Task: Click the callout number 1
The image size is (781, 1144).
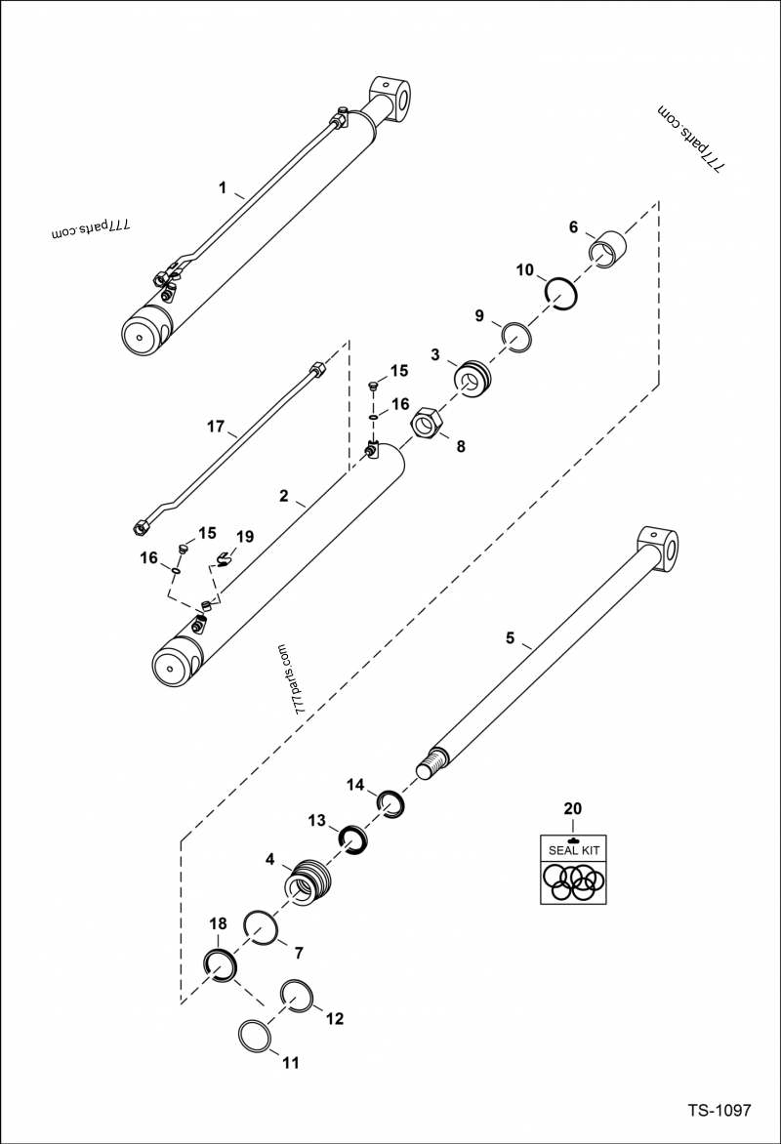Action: (223, 185)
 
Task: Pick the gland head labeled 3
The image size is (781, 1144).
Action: (473, 379)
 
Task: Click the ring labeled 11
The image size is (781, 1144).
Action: (256, 1037)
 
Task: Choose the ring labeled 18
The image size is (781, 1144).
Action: (221, 965)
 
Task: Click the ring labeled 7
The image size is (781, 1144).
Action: (262, 927)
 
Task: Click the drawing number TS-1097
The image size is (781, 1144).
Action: (718, 1111)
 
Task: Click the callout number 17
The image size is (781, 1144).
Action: (216, 427)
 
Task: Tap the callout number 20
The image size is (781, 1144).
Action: (572, 809)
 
